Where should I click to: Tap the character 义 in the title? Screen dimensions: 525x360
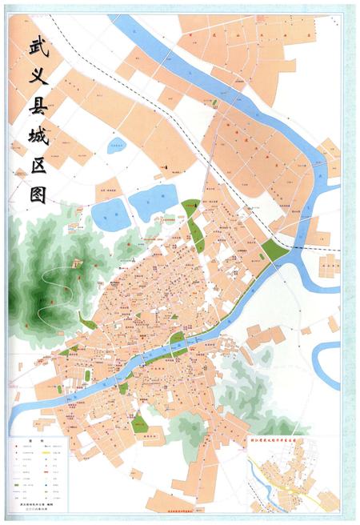coord(37,78)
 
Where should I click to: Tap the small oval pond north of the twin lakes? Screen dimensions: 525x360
coord(118,146)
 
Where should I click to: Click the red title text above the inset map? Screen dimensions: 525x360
coord(295,439)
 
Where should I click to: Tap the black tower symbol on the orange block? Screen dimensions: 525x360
coord(165,166)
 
